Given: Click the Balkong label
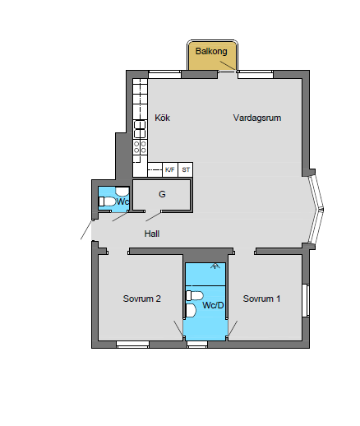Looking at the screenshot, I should point(211,51).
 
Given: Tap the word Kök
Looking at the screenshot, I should point(162,118).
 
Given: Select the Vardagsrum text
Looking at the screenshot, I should point(256,118).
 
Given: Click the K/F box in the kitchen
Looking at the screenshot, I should point(170,169).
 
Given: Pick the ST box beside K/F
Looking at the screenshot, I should point(186,169).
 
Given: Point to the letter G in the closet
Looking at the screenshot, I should point(162,195).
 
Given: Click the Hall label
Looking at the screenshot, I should point(152,234).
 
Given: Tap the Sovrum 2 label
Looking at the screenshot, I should point(141,299).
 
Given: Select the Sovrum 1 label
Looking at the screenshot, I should point(261,299).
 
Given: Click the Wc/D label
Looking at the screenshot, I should point(214,306).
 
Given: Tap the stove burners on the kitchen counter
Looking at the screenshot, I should point(140,146).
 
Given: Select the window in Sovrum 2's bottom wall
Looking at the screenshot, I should point(132,344).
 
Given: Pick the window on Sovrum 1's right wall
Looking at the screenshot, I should point(306,299).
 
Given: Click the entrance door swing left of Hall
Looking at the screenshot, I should point(87,230).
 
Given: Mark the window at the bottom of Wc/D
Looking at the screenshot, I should point(197,344).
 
